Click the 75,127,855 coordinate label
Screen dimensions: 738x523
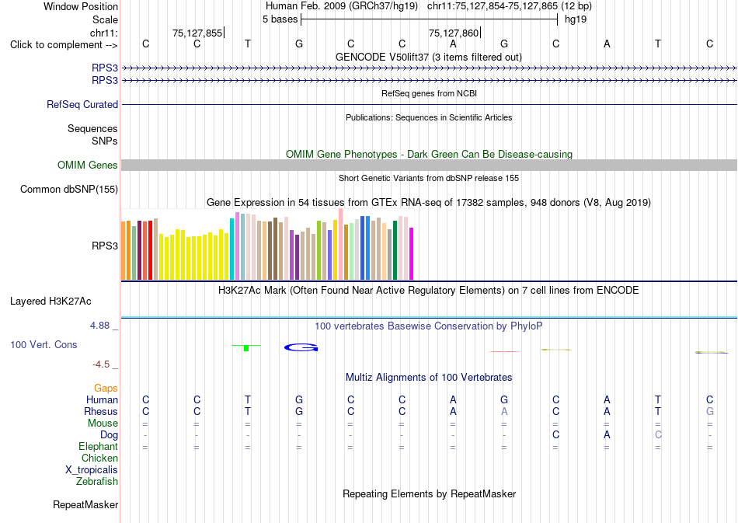coord(197,33)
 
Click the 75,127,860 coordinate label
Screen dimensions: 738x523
coord(454,33)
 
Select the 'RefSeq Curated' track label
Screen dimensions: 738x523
coord(82,104)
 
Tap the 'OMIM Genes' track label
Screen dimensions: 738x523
coord(88,166)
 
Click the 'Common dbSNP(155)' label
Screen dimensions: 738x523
coord(69,190)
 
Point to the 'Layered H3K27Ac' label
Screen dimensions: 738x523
coord(50,302)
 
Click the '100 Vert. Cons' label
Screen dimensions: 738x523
coord(44,344)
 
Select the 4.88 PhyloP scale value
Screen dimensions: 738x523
coord(99,326)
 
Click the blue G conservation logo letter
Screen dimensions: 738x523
coord(301,347)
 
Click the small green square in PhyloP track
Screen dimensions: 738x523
coord(246,348)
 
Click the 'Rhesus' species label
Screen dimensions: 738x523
coord(101,411)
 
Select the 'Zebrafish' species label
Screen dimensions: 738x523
coord(97,482)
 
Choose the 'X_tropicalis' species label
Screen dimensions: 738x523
coord(92,470)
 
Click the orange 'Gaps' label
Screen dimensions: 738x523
coord(106,389)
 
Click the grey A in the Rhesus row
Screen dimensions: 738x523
coord(504,411)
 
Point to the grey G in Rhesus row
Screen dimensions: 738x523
coord(710,411)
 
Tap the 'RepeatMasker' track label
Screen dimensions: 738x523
coord(85,505)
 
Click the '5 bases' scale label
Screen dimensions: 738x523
coord(280,19)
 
